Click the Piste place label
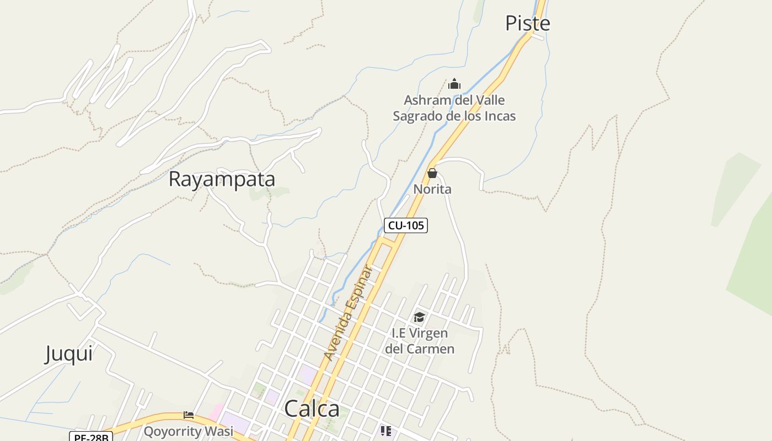pos(528,23)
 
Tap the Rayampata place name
pos(221,179)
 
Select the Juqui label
pos(69,353)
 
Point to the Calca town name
pos(312,409)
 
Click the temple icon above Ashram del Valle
pos(454,84)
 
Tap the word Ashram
pos(426,100)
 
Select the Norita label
pos(432,189)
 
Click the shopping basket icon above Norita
pos(432,173)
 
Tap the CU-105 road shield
pos(406,225)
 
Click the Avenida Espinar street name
pos(349,313)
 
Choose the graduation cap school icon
pos(420,317)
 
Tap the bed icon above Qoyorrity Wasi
pos(189,415)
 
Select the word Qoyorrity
pos(173,431)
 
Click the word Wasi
pos(219,431)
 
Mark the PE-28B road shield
pos(91,437)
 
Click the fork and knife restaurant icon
pos(385,431)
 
